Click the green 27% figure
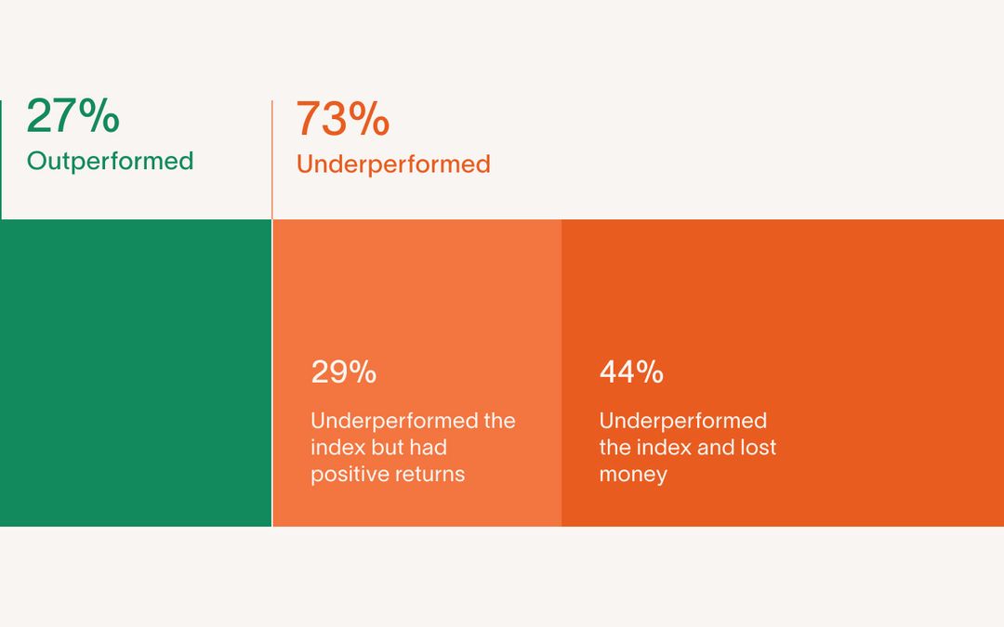[73, 116]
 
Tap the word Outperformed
[110, 162]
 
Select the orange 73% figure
[342, 119]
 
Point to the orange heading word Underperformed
[393, 164]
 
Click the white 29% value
[344, 372]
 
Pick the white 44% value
[631, 372]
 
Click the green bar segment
[136, 373]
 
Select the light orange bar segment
[417, 373]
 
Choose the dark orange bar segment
[783, 373]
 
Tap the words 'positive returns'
[388, 475]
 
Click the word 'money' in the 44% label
[633, 475]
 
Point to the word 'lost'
[759, 447]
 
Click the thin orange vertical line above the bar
[272, 160]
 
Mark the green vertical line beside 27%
[1, 160]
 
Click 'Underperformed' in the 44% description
[683, 421]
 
